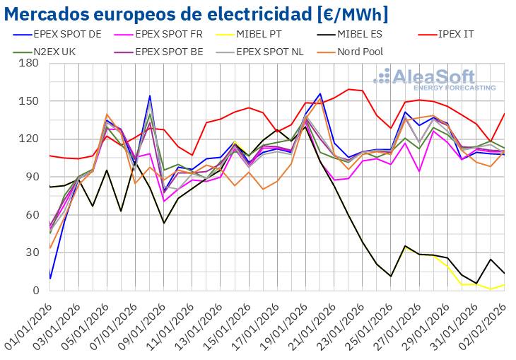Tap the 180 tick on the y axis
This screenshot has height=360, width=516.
point(30,63)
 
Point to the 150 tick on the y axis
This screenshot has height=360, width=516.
point(30,101)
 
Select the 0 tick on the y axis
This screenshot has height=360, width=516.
point(35,291)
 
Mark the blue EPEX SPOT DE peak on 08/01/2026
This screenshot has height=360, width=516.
point(150,96)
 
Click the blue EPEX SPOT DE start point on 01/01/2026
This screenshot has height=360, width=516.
point(50,278)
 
